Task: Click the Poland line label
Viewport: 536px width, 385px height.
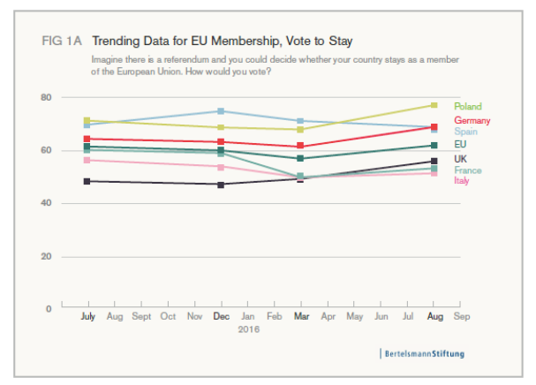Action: (x=467, y=106)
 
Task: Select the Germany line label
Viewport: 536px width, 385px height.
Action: (x=472, y=119)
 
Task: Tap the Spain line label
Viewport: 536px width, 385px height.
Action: (x=465, y=132)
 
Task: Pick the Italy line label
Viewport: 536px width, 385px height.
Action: (x=462, y=181)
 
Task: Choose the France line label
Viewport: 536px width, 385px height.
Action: (x=467, y=170)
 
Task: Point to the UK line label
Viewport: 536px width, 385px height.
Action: (x=460, y=158)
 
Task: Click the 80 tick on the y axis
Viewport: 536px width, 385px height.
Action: (x=47, y=96)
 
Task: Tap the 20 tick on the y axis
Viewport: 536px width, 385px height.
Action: (x=47, y=256)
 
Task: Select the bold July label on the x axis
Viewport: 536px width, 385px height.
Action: (x=87, y=314)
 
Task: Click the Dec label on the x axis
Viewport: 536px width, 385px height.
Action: (x=221, y=314)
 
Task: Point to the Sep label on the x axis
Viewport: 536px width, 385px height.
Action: (x=461, y=314)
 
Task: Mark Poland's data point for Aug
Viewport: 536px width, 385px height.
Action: (x=434, y=105)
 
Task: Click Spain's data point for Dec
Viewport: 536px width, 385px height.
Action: (x=221, y=111)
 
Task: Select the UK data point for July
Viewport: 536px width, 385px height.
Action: (x=87, y=181)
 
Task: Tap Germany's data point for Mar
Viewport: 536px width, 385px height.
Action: (x=300, y=146)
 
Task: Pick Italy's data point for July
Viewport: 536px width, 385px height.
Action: (x=87, y=160)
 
